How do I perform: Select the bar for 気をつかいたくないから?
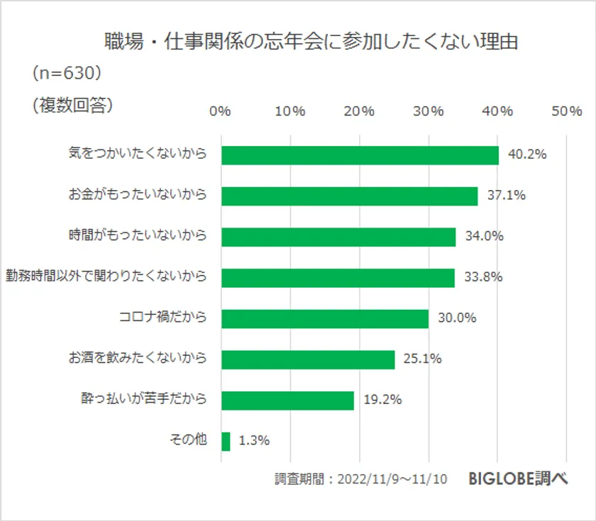pos(360,155)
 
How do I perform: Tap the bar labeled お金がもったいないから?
pos(349,196)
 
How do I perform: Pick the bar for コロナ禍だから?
pos(325,318)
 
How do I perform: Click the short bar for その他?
pos(226,442)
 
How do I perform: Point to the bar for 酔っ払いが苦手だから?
pos(287,400)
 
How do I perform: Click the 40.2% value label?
pos(526,155)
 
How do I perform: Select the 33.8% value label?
pos(482,277)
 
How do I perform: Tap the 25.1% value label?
pos(422,359)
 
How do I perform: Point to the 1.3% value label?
pos(254,441)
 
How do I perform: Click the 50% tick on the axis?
pos(566,111)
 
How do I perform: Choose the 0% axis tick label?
pos(221,111)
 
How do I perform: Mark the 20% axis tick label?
pos(359,111)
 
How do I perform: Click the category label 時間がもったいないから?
pos(138,235)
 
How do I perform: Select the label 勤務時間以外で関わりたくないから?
pos(106,276)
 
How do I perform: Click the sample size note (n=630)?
pos(67,73)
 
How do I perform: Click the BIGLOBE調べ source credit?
pos(518,478)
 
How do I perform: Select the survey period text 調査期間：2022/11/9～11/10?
pos(361,479)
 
